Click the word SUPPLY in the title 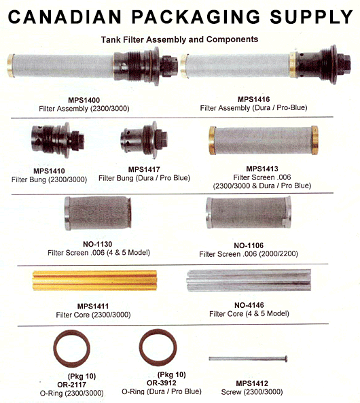tap(311, 17)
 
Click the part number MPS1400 tap(84, 100)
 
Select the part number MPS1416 tap(253, 99)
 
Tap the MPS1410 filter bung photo tap(58, 140)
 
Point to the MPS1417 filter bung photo tap(144, 140)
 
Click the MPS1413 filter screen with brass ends tap(264, 140)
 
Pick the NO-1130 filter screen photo tap(98, 213)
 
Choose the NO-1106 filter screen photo tap(248, 213)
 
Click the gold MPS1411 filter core tap(94, 280)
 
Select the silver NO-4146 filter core tap(249, 280)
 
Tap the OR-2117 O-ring tap(72, 349)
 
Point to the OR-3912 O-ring tap(158, 347)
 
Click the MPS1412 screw tap(248, 359)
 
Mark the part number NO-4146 tap(249, 305)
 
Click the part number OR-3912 tap(162, 383)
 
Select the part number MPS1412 tap(252, 383)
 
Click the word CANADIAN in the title tap(65, 17)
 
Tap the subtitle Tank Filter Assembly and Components tap(179, 39)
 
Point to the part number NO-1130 tap(98, 244)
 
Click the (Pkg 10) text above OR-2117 tap(82, 376)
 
